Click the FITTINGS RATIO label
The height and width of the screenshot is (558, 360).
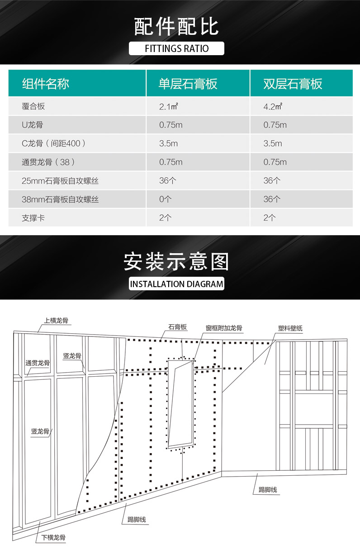[x=177, y=48]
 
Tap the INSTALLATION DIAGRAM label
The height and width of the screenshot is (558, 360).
[x=177, y=284]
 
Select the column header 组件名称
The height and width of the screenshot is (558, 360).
[x=46, y=84]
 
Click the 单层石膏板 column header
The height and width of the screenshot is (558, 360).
[x=188, y=84]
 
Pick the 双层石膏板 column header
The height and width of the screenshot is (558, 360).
[x=293, y=84]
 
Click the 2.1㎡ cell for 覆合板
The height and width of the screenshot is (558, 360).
[x=168, y=107]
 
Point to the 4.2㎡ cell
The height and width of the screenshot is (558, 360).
[x=273, y=107]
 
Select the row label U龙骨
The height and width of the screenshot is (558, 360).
[x=33, y=124]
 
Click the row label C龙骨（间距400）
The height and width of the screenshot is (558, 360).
[x=53, y=143]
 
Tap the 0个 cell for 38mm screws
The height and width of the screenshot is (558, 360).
[x=165, y=199]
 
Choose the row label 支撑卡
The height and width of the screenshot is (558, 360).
[x=33, y=218]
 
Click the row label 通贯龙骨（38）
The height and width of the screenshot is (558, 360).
[x=48, y=162]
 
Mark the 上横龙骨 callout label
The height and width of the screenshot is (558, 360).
[x=56, y=321]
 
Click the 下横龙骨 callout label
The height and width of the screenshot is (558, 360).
[x=53, y=538]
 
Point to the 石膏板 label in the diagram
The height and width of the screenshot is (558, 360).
[x=178, y=327]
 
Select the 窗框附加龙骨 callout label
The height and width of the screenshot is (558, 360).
[x=224, y=328]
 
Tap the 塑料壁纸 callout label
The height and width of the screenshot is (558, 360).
[x=290, y=328]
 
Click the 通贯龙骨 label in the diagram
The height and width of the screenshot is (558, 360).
[x=38, y=363]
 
